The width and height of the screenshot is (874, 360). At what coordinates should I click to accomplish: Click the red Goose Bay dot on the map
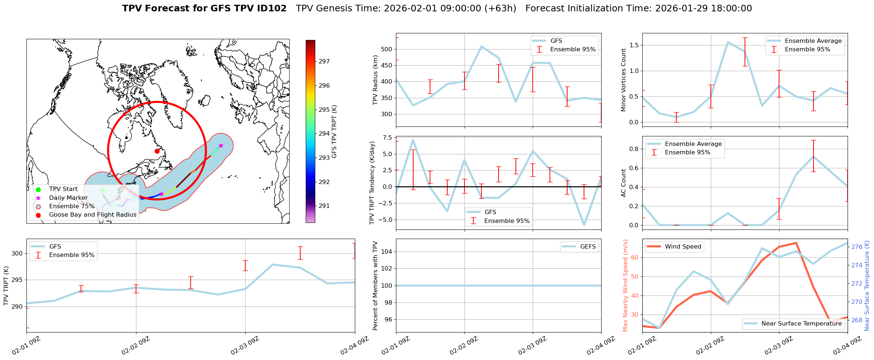coord(157,151)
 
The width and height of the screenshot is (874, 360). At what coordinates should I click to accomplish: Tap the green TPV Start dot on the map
coord(102,190)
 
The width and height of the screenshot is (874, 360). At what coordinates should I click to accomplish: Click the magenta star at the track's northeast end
coord(221,146)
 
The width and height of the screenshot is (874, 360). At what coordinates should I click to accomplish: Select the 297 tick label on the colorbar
coord(324,62)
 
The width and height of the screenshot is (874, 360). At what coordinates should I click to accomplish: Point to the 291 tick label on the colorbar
coord(324,206)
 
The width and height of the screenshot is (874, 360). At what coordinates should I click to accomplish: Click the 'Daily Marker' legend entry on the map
coord(68,198)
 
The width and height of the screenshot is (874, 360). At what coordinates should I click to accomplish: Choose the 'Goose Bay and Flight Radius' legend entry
coord(92,215)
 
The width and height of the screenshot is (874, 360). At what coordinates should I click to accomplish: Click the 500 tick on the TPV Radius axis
coord(387,49)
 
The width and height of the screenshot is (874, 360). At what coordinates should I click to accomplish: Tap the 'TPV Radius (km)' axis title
coord(375,80)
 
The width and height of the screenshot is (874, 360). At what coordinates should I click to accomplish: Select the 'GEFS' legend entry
coord(588,247)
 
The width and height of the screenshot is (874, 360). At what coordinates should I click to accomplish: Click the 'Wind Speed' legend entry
coord(683,247)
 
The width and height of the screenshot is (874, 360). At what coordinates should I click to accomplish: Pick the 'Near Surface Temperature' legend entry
coord(801,324)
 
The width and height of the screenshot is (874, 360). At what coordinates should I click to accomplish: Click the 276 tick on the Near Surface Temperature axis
coord(857,247)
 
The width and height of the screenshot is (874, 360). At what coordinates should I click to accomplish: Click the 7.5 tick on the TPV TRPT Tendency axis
coord(387,137)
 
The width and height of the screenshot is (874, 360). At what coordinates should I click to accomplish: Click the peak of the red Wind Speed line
coord(796,243)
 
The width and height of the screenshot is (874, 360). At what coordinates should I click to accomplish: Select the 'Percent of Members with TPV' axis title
coord(375,286)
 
